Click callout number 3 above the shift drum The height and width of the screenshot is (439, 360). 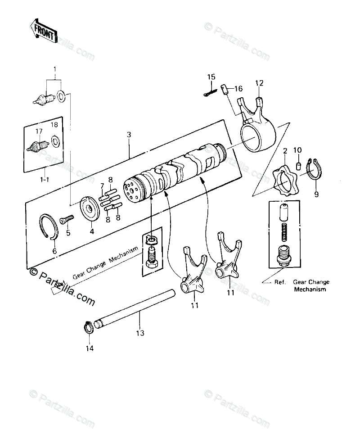point(129,135)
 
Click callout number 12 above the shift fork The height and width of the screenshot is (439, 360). point(259,82)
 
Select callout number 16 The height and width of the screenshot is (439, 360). point(238,88)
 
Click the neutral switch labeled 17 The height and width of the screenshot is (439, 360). point(38,146)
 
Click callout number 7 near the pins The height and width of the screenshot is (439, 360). point(102,186)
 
